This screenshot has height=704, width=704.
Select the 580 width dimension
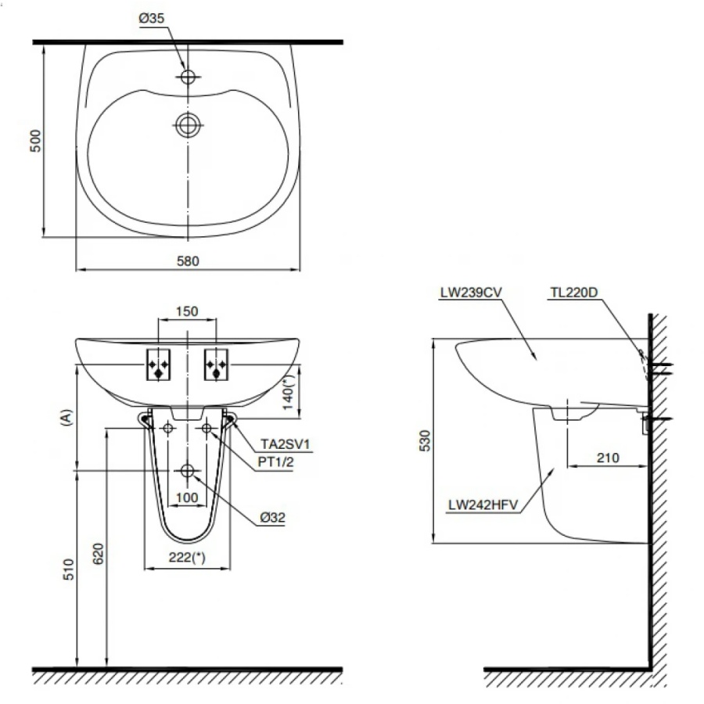tap(188, 261)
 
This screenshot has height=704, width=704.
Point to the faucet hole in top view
tap(188, 77)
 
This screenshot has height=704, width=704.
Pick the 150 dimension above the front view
tap(186, 311)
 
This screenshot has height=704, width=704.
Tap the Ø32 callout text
tap(271, 517)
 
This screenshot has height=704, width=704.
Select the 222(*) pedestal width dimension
tap(188, 559)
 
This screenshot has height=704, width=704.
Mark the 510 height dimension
tap(69, 568)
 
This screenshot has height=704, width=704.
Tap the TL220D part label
tap(573, 293)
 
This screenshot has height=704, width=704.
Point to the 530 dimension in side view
tap(423, 440)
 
